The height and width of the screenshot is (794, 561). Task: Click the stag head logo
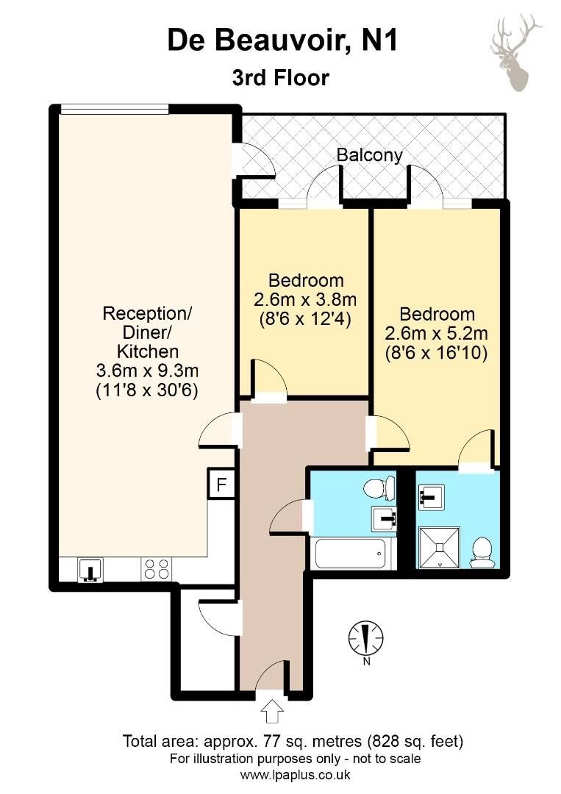tap(515, 53)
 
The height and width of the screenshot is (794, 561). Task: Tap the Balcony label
tap(370, 154)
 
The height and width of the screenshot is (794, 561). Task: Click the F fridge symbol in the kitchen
tap(221, 484)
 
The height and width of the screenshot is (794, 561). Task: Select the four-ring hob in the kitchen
tap(157, 568)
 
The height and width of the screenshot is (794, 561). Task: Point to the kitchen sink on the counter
tap(90, 568)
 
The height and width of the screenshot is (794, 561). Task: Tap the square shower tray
tap(440, 547)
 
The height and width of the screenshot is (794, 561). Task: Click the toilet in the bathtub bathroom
tap(379, 487)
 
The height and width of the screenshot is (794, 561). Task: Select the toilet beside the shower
tap(481, 552)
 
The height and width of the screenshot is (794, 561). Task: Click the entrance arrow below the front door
tap(272, 712)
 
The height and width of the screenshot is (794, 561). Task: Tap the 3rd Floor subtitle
tap(281, 78)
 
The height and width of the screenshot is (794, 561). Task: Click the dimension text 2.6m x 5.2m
tap(437, 333)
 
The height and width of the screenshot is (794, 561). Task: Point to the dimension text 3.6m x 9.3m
tap(147, 371)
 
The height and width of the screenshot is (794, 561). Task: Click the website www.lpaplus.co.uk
tap(295, 775)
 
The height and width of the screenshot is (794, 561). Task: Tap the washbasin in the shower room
tap(432, 497)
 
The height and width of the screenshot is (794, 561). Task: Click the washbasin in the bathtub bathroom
tap(385, 518)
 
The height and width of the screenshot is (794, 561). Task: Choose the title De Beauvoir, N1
tap(282, 40)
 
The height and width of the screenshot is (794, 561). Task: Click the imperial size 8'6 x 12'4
tap(305, 319)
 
